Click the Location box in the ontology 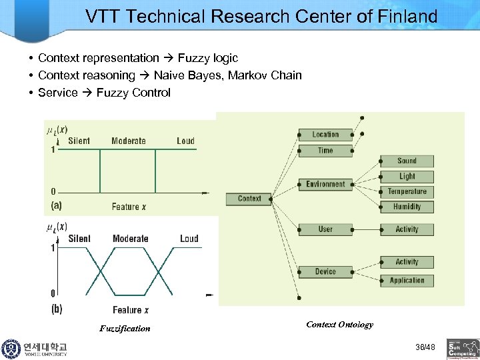click(325, 135)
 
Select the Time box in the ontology click(325, 151)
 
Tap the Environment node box click(325, 185)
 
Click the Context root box click(249, 198)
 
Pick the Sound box click(407, 161)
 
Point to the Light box click(407, 176)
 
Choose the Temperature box click(407, 191)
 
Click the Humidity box click(407, 207)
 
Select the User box click(325, 229)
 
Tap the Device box click(325, 271)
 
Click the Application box click(407, 281)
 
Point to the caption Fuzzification click(125, 328)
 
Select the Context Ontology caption click(339, 325)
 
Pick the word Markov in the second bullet click(247, 75)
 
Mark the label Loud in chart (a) click(185, 141)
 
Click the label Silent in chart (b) click(79, 239)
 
